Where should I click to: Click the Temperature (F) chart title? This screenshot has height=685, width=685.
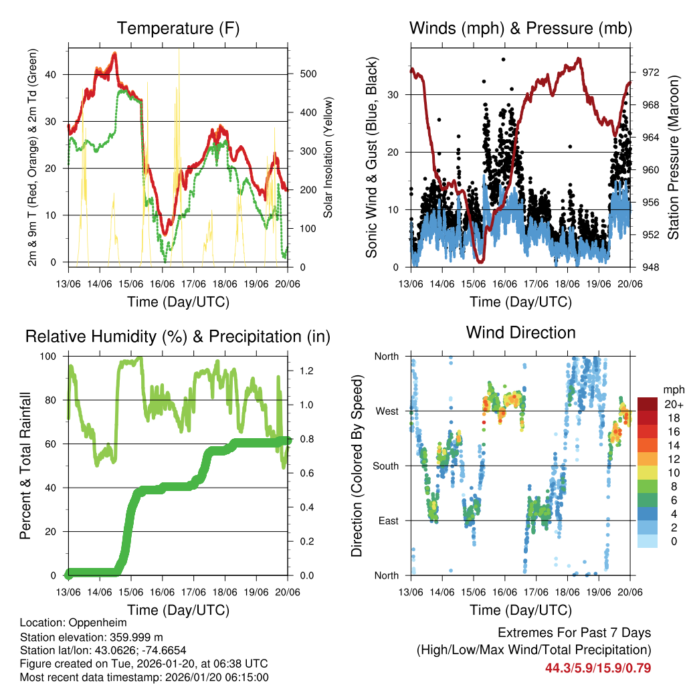178,28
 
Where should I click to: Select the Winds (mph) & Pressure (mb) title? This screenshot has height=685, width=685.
520,28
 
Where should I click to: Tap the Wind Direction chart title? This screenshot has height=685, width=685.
520,332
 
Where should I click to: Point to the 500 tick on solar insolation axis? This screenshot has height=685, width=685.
308,74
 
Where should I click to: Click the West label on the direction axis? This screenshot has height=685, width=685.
387,411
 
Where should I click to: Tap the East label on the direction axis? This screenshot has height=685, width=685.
387,520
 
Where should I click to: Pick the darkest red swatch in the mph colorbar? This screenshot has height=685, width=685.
648,404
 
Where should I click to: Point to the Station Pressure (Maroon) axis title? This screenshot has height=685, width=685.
673,157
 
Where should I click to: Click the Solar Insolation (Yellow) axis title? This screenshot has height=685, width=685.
328,157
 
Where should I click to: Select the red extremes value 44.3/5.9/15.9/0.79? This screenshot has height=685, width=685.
598,668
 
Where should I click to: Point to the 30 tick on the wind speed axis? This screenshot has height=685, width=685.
395,94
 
